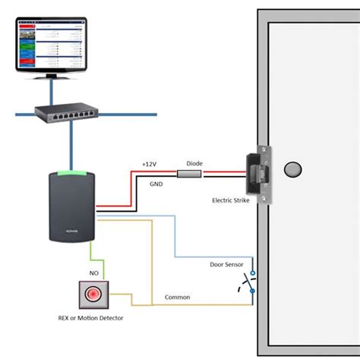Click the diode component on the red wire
click(188, 175)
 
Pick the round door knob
click(292, 168)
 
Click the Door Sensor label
click(228, 265)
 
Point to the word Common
click(177, 297)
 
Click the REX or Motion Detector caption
click(90, 318)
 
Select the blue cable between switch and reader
click(72, 144)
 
